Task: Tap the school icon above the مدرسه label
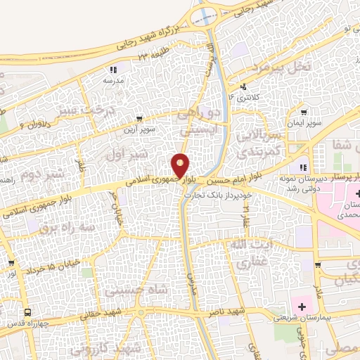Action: (x=113, y=70)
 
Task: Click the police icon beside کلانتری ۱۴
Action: (x=243, y=87)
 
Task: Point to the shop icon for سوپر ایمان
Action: (x=303, y=111)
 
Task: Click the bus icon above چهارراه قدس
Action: (x=27, y=311)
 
